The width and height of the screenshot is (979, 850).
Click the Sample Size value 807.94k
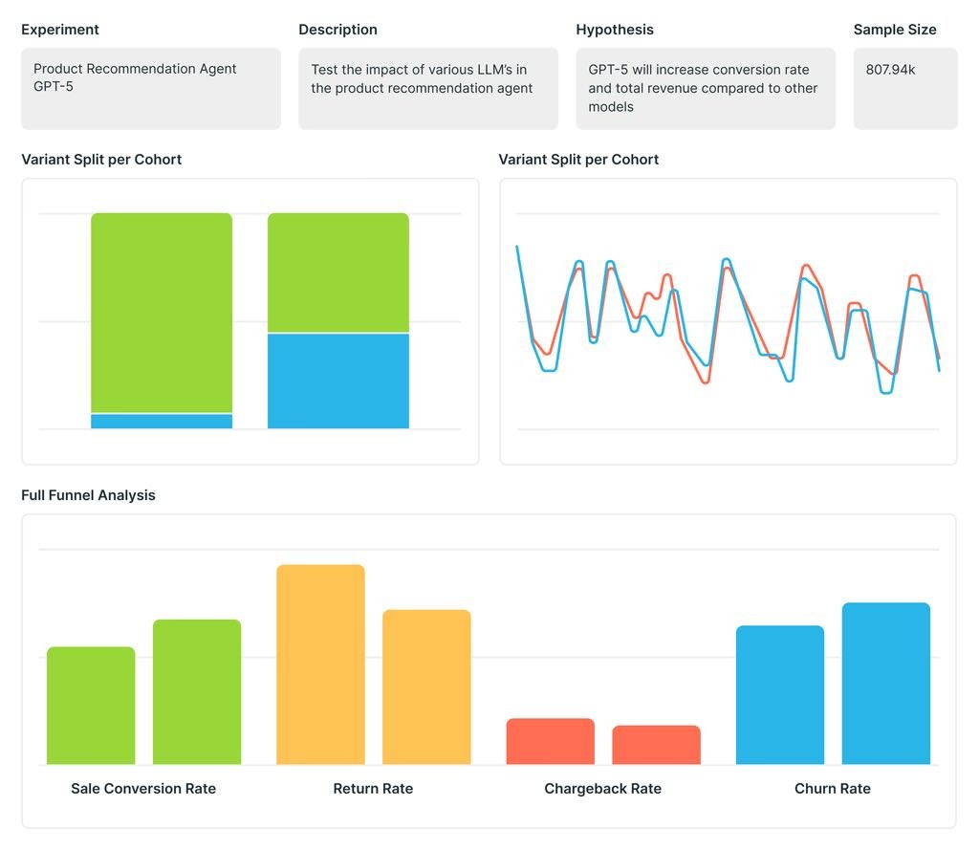pos(890,69)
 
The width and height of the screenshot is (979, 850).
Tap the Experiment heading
pos(60,30)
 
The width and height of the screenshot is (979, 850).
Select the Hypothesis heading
pos(615,30)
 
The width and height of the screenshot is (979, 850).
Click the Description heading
pos(337,30)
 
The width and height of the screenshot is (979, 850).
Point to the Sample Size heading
pos(895,30)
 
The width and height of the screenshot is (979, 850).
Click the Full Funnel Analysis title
pos(88,495)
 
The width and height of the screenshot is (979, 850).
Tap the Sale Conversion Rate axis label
pos(143,789)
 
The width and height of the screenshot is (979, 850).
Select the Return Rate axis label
pos(373,789)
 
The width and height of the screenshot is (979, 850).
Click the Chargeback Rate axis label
pos(602,789)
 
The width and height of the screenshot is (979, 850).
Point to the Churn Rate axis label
pos(832,789)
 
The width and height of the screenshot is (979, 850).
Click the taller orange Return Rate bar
pos(320,665)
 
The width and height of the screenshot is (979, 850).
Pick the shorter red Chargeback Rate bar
pos(656,745)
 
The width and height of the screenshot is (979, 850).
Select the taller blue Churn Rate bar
pos(885,684)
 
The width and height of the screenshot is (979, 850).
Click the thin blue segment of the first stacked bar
pos(162,422)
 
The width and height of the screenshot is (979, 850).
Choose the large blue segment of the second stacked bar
pos(337,381)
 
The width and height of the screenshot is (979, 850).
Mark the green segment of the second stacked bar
pos(337,272)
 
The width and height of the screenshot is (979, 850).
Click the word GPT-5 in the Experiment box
pos(54,87)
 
